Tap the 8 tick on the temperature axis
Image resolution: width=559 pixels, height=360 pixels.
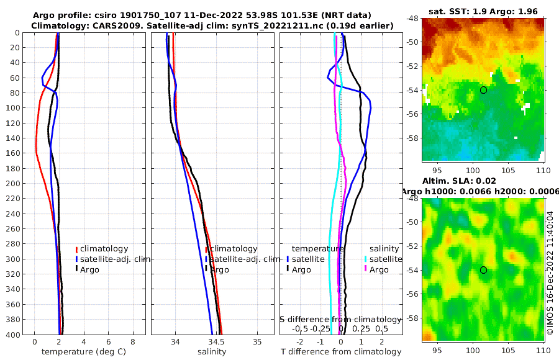click(x=133, y=342)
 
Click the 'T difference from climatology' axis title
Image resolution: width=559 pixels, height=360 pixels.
click(x=340, y=352)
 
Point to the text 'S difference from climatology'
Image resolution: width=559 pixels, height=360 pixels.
click(x=341, y=318)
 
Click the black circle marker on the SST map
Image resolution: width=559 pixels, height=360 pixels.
click(x=483, y=90)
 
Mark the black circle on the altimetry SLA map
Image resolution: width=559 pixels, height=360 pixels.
click(x=483, y=270)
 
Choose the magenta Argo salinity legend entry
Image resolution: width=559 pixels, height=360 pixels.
click(x=378, y=269)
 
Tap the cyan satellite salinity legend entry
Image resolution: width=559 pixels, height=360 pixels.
click(x=382, y=259)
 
